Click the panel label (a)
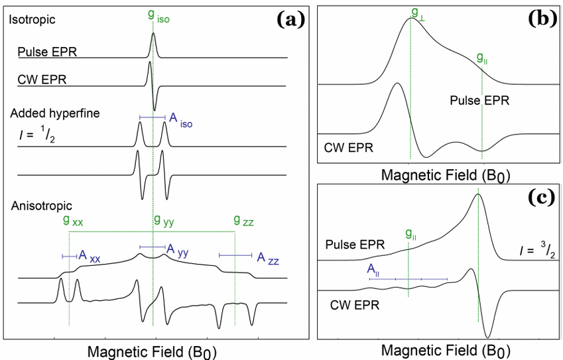pyautogui.click(x=289, y=19)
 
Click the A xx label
pyautogui.click(x=90, y=256)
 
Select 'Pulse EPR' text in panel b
pyautogui.click(x=475, y=101)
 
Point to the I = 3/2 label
pyautogui.click(x=535, y=251)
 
